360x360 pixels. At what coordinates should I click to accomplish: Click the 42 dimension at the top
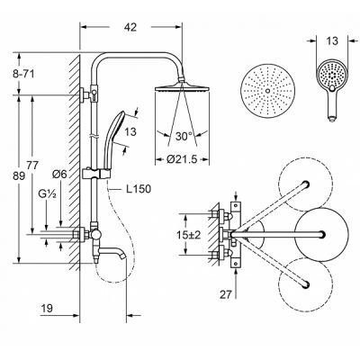(130, 27)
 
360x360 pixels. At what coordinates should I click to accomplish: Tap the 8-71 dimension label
(23, 74)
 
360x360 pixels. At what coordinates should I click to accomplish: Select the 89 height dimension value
(19, 176)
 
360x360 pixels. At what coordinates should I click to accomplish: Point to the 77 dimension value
(32, 166)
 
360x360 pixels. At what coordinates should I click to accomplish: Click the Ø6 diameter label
(59, 174)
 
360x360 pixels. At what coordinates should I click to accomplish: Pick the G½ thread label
(48, 193)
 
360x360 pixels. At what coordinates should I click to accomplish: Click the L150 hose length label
(138, 189)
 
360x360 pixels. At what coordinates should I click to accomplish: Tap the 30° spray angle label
(184, 137)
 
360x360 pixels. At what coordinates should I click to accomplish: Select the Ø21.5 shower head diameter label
(182, 159)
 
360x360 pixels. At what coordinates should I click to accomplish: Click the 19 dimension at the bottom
(47, 308)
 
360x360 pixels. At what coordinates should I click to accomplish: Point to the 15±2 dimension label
(188, 235)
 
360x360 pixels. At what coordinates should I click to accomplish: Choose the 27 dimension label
(226, 295)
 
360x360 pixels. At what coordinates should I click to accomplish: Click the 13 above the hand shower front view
(332, 40)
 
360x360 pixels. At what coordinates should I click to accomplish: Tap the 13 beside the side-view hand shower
(130, 131)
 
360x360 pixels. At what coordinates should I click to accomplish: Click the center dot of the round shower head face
(267, 91)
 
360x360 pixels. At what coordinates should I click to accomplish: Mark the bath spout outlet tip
(121, 257)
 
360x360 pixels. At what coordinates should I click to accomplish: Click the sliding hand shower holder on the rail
(96, 173)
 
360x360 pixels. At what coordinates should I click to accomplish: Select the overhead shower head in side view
(182, 87)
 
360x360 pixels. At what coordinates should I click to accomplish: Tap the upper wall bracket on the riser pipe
(89, 94)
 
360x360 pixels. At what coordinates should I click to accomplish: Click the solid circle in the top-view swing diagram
(321, 234)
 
